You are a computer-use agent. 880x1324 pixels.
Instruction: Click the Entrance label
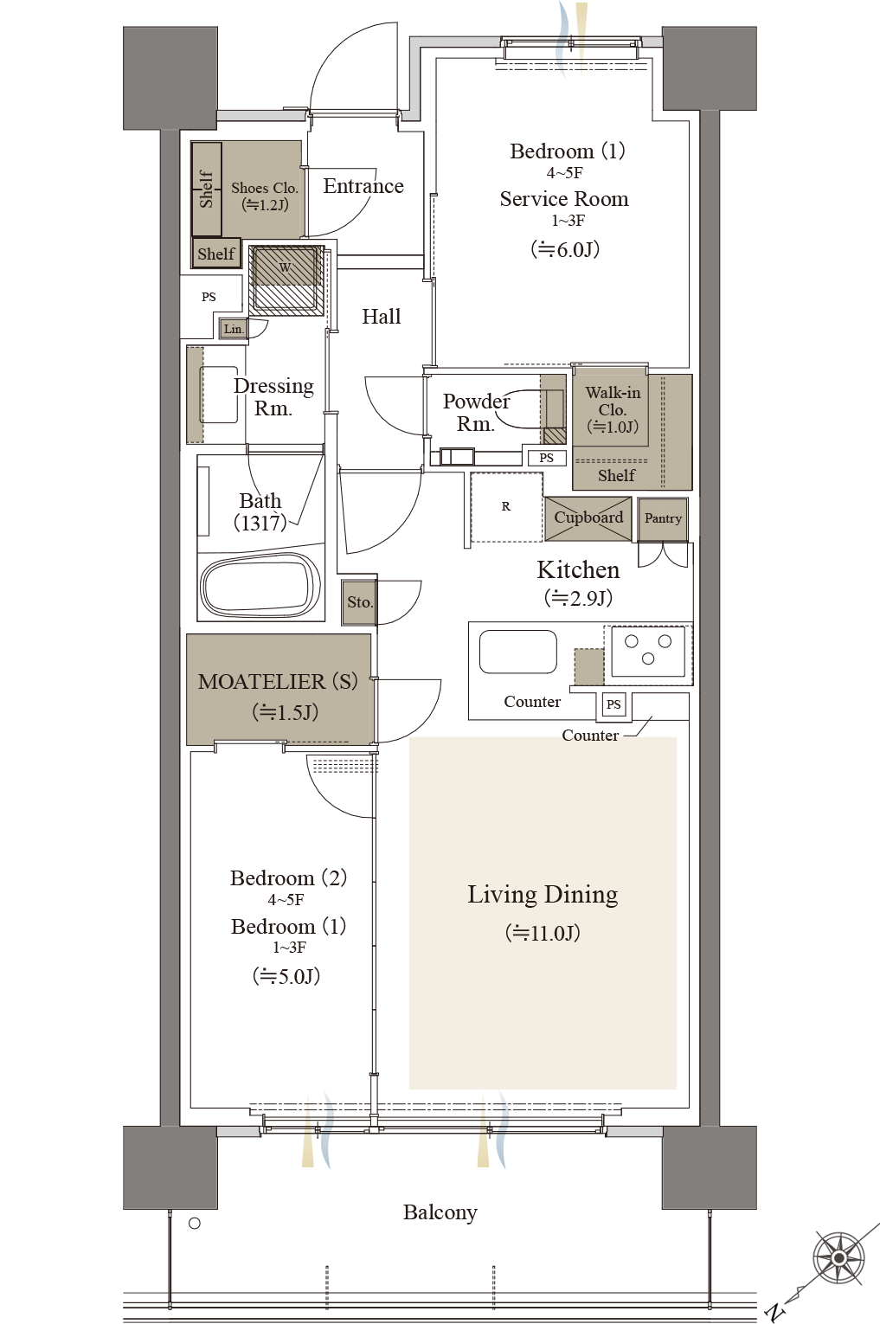[363, 186]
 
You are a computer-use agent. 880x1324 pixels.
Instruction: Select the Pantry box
[663, 519]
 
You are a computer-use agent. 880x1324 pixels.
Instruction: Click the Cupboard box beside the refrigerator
[588, 518]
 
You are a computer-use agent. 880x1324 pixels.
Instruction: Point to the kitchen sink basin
[517, 652]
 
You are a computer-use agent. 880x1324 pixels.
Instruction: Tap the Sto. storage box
[359, 602]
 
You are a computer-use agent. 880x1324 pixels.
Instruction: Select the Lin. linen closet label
[233, 329]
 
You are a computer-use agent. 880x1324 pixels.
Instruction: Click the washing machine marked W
[286, 280]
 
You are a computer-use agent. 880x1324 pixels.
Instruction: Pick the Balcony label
[440, 1212]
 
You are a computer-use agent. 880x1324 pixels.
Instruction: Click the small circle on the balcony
[195, 1223]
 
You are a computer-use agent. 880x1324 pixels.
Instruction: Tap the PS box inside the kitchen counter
[613, 704]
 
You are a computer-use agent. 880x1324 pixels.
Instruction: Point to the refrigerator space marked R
[506, 507]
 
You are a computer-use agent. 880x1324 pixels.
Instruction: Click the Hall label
[382, 316]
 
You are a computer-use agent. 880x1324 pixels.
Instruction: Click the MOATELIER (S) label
[278, 682]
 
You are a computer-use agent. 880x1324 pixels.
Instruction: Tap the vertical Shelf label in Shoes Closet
[206, 190]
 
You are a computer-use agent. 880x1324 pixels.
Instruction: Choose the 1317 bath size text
[260, 523]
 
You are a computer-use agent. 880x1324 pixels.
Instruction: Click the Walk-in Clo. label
[613, 401]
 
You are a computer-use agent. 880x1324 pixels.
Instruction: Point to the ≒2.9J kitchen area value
[578, 598]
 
